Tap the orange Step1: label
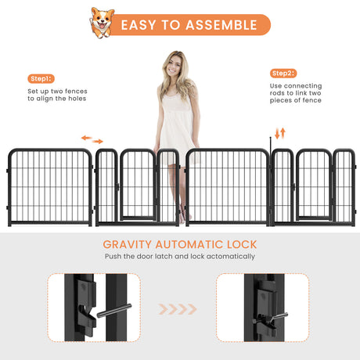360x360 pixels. (x=41, y=79)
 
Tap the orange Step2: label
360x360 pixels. (x=283, y=73)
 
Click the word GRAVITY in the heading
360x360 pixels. (x=128, y=245)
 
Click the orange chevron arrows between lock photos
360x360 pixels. (x=178, y=309)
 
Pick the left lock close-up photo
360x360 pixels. (x=93, y=308)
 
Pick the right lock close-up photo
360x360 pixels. (x=263, y=308)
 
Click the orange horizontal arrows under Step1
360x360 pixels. (x=92, y=140)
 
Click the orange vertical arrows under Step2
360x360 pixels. (x=280, y=133)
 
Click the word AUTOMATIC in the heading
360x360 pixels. (x=189, y=245)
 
